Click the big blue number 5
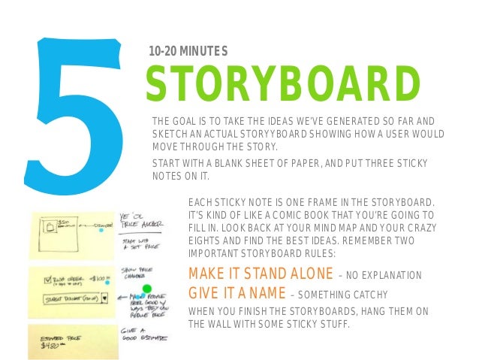click(71, 105)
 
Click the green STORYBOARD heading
click(282, 84)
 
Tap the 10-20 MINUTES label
click(188, 51)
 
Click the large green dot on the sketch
click(147, 288)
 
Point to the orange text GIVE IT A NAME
click(234, 292)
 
